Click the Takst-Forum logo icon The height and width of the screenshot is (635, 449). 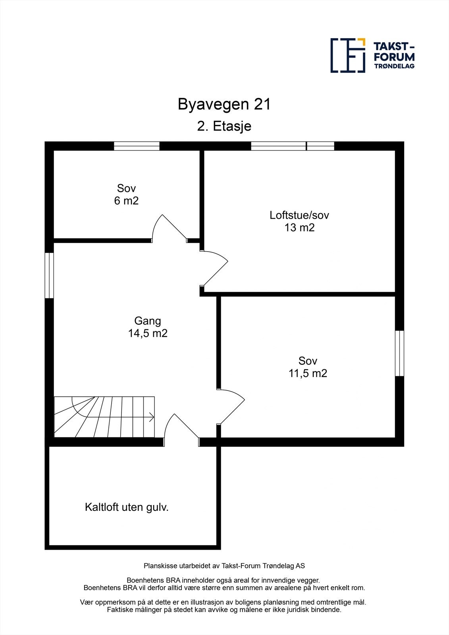point(348,55)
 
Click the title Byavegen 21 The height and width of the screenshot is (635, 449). point(224,104)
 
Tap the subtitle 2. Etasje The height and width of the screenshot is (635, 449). point(224,126)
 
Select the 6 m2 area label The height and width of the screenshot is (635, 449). point(126,201)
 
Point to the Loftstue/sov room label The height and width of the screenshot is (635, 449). point(299,215)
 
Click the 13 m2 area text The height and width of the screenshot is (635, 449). point(299,228)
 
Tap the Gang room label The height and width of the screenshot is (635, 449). point(147,321)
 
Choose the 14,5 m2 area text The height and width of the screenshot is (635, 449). point(147,333)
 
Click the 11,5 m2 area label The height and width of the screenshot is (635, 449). point(308,373)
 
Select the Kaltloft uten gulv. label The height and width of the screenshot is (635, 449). point(127,507)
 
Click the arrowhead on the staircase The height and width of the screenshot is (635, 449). point(152,417)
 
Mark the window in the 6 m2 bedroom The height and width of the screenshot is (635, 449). point(137,146)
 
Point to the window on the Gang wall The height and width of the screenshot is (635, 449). point(49,275)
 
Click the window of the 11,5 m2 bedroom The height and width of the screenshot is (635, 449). point(399,353)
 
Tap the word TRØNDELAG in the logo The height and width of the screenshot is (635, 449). point(394,66)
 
